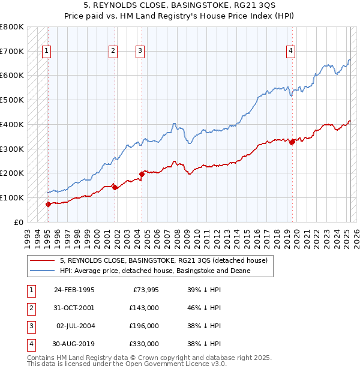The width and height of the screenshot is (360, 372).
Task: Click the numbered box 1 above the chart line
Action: pyautogui.click(x=47, y=52)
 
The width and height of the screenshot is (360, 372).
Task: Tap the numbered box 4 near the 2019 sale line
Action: pyautogui.click(x=290, y=52)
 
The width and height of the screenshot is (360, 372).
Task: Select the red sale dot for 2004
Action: pyautogui.click(x=142, y=174)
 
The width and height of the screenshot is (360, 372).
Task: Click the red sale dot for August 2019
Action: pyautogui.click(x=292, y=142)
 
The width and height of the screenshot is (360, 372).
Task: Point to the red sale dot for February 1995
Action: pyautogui.click(x=48, y=204)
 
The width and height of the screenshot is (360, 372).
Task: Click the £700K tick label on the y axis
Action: pyautogui.click(x=11, y=52)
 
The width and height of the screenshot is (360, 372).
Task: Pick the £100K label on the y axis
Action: pyautogui.click(x=11, y=197)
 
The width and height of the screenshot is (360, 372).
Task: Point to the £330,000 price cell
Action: pyautogui.click(x=143, y=344)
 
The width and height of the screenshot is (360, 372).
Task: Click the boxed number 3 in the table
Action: pyautogui.click(x=30, y=326)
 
